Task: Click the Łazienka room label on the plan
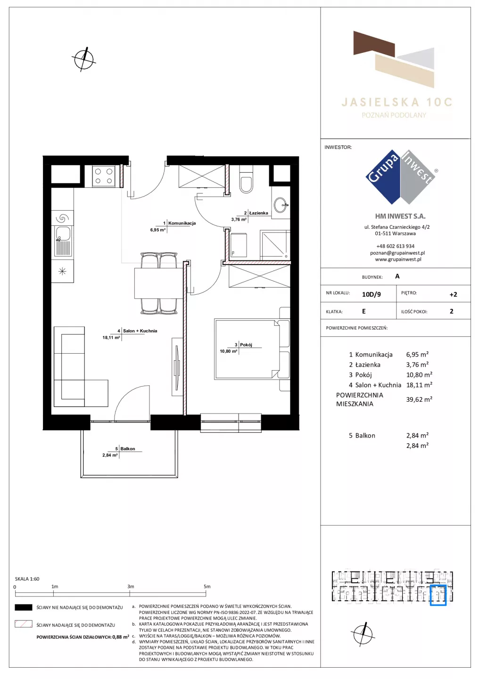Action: click(x=258, y=213)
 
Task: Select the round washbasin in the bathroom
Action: click(x=281, y=205)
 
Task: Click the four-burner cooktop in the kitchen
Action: click(x=104, y=176)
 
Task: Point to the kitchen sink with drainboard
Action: click(x=63, y=241)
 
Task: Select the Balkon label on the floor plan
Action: click(x=128, y=448)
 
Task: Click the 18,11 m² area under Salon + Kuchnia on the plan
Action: click(x=111, y=338)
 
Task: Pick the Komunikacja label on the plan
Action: click(x=182, y=223)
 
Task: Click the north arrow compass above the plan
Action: click(x=84, y=59)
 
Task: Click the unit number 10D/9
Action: click(x=372, y=294)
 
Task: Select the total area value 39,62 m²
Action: click(x=419, y=399)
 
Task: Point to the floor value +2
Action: click(x=453, y=294)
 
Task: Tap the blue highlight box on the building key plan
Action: click(x=438, y=596)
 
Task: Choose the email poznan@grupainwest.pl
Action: click(x=397, y=253)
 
